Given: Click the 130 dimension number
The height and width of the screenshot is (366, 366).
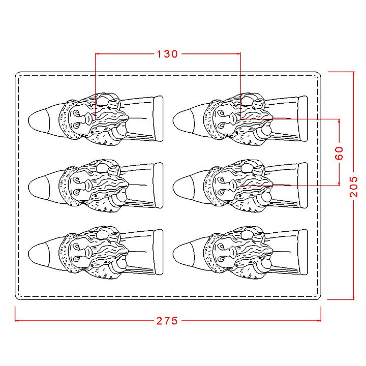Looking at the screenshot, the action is (167, 54).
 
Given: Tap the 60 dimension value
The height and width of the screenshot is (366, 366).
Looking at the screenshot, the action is (339, 153).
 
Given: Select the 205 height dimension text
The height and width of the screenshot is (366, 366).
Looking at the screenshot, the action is (354, 187).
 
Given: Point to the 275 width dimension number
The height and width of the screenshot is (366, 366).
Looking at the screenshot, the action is (167, 321).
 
